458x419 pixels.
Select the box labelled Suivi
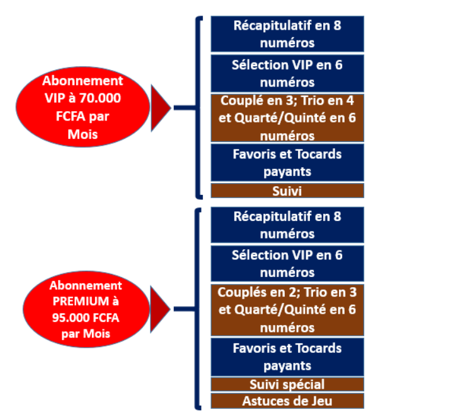point(287,190)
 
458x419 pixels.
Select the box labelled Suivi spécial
point(287,384)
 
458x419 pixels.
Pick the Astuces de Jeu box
point(287,400)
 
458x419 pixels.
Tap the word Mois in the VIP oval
point(82,134)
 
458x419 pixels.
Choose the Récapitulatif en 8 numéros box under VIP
point(287,34)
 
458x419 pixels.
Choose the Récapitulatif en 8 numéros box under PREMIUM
point(287,225)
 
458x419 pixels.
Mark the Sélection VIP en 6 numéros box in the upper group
point(287,73)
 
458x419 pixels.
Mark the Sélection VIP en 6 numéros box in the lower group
point(287,263)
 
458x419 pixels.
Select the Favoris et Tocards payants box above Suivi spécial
point(287,357)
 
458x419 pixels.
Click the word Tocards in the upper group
point(319,154)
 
